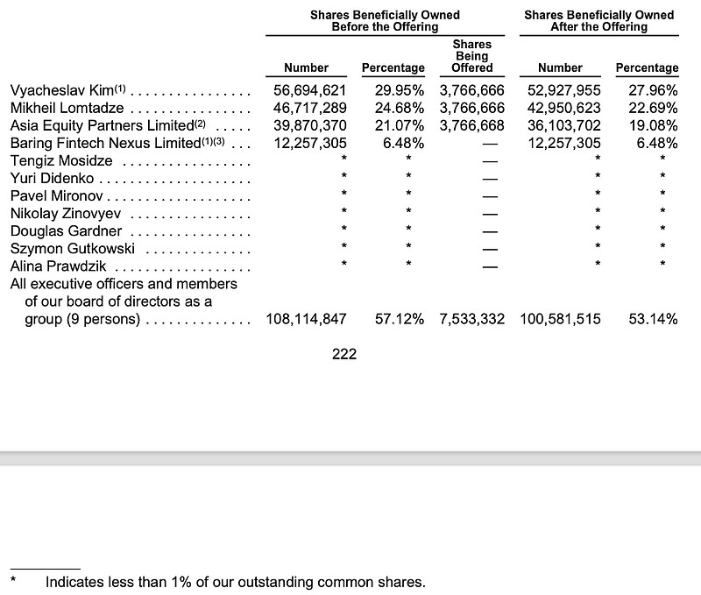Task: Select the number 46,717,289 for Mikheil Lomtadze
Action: (x=306, y=108)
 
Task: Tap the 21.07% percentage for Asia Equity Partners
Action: (x=400, y=125)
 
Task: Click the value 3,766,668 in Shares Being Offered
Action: (x=471, y=125)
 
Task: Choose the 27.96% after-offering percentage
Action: (x=653, y=90)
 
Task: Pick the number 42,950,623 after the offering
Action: (x=564, y=108)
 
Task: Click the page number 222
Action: (x=344, y=355)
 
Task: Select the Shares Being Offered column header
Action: (x=472, y=55)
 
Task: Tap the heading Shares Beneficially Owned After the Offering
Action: (x=598, y=21)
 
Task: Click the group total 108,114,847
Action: (x=306, y=319)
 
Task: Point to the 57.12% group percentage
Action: (x=400, y=319)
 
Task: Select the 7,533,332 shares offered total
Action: (x=471, y=319)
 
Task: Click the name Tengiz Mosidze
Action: (x=61, y=160)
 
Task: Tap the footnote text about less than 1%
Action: (x=235, y=581)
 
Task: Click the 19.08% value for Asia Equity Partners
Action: (x=653, y=125)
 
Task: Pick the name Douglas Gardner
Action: (x=66, y=230)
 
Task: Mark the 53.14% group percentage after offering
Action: (x=653, y=319)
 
